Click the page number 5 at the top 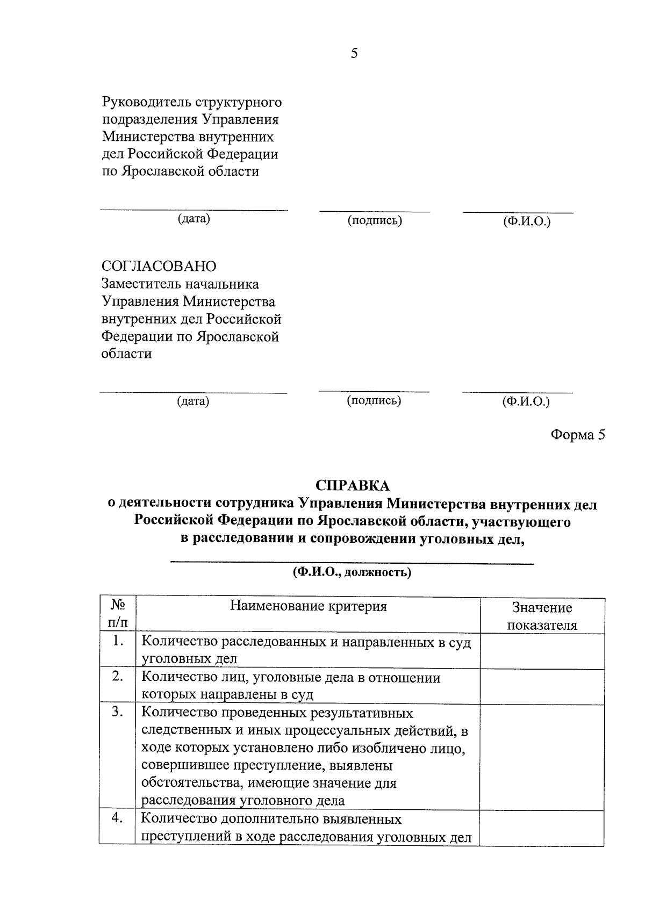354,53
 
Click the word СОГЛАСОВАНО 159,267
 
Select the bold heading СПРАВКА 352,485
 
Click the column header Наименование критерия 308,607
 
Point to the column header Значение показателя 542,616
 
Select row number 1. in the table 118,641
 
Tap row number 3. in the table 118,712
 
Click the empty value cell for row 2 542,686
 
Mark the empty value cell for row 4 542,828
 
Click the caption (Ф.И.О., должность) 352,572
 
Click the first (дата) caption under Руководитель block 193,219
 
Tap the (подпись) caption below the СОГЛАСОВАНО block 374,400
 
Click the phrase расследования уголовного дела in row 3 242,800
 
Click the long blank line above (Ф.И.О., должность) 352,563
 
